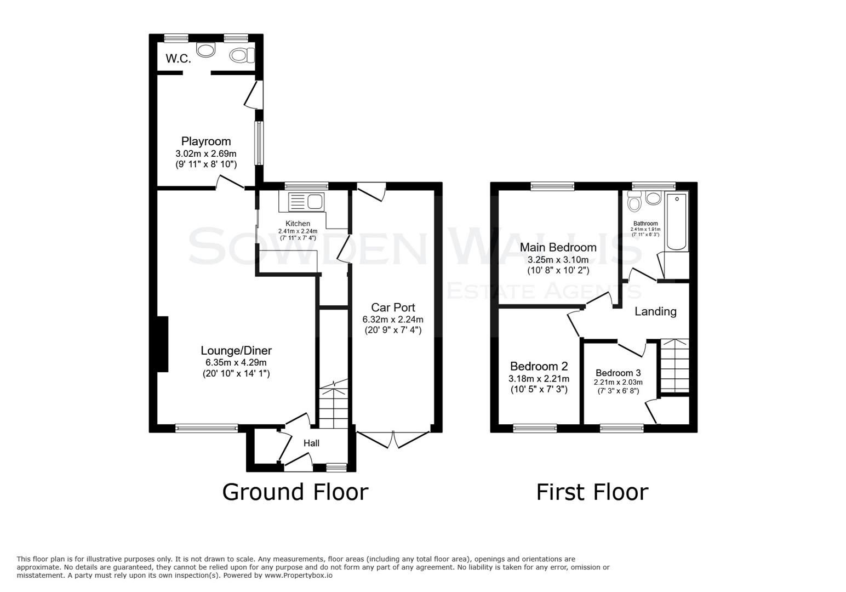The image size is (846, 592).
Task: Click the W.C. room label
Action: [178, 59]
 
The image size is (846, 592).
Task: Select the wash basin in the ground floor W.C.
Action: [206, 51]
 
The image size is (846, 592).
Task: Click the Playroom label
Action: [206, 141]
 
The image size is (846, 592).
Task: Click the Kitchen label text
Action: [298, 224]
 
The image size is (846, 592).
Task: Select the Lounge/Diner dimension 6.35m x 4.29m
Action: [236, 362]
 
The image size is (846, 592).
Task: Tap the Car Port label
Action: [393, 308]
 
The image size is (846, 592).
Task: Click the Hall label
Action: [311, 443]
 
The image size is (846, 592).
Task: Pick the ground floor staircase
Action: [334, 406]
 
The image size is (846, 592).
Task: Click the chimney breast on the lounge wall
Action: [162, 344]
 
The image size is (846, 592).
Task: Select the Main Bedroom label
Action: [558, 248]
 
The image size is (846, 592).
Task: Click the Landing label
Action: [655, 311]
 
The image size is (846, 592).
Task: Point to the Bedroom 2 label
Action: [539, 366]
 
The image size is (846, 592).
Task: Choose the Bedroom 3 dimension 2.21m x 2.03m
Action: [618, 383]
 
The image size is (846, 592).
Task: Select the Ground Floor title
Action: [295, 492]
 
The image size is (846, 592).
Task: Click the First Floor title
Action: [592, 492]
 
